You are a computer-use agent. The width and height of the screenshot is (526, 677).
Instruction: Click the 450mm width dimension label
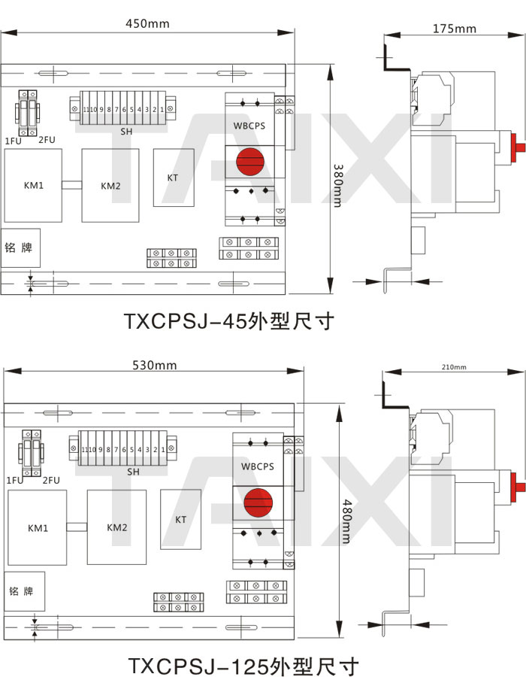147,23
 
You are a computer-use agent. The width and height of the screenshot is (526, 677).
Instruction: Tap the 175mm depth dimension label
455,29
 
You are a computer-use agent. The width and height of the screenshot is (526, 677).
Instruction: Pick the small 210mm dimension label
454,367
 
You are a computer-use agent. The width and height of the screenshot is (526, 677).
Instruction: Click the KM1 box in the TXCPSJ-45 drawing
32,185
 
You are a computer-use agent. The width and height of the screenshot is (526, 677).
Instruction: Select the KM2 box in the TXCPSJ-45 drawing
110,186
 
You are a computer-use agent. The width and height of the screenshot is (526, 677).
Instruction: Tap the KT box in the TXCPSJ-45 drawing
173,178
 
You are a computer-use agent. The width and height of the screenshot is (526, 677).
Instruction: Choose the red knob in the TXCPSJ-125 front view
256,501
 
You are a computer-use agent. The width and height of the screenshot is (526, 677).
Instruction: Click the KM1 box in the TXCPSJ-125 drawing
37,527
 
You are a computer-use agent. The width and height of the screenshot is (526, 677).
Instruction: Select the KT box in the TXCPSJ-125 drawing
181,519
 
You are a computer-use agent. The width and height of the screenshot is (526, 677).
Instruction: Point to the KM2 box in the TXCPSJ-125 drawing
117,527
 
